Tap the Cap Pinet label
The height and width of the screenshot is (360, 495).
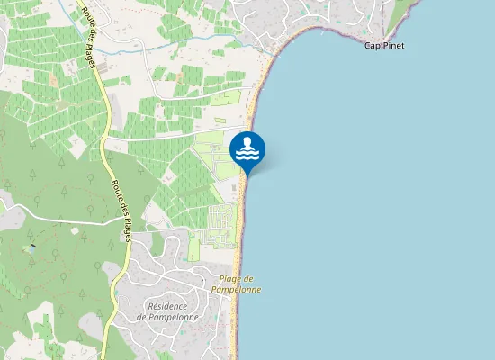coord(383,45)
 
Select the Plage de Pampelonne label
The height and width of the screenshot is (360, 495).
coord(236,284)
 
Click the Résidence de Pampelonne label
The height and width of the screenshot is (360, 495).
coord(166,311)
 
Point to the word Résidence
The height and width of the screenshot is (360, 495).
coord(166,306)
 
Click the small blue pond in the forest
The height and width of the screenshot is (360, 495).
coord(32,247)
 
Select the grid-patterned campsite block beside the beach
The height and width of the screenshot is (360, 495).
coord(220,225)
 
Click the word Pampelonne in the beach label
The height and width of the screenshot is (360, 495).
coord(236,290)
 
